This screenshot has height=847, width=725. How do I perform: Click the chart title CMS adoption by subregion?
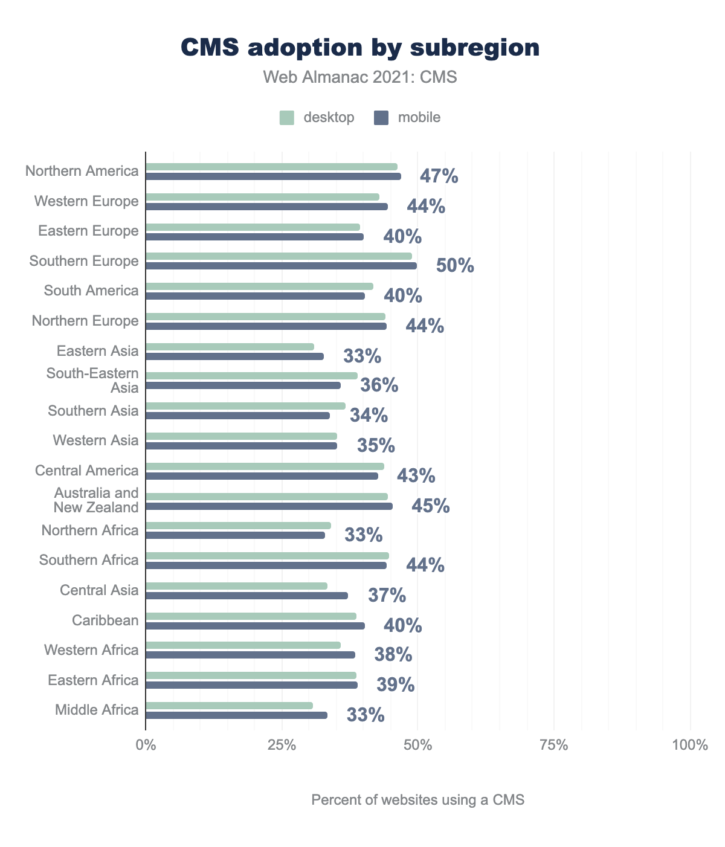click(x=360, y=48)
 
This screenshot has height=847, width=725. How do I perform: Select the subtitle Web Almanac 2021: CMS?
click(x=360, y=77)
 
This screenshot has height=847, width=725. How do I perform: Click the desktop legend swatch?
click(x=286, y=118)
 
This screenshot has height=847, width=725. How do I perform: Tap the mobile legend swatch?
click(x=381, y=118)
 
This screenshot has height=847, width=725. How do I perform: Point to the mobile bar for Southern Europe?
click(x=281, y=266)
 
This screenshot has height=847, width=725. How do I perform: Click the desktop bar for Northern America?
click(x=271, y=167)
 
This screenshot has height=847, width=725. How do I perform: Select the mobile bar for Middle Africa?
click(x=236, y=715)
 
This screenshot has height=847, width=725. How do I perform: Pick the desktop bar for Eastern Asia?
click(x=230, y=347)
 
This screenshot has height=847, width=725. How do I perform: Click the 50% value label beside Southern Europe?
click(x=455, y=266)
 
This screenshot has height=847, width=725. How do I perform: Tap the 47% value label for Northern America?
click(x=439, y=176)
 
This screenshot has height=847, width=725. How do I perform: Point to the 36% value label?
click(x=379, y=385)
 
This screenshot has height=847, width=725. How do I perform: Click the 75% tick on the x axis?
click(x=554, y=745)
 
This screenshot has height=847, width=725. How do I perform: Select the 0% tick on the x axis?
click(x=146, y=745)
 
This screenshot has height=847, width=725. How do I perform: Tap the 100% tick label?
click(x=689, y=745)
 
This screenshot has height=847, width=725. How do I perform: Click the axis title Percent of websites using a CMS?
click(x=417, y=800)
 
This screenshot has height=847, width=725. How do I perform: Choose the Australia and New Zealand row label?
click(x=96, y=500)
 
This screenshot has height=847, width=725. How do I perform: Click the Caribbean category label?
click(x=105, y=620)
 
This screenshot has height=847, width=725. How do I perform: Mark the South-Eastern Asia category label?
click(x=92, y=381)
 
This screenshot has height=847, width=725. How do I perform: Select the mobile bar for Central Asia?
click(x=246, y=596)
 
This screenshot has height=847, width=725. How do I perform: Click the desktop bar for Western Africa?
click(x=243, y=645)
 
